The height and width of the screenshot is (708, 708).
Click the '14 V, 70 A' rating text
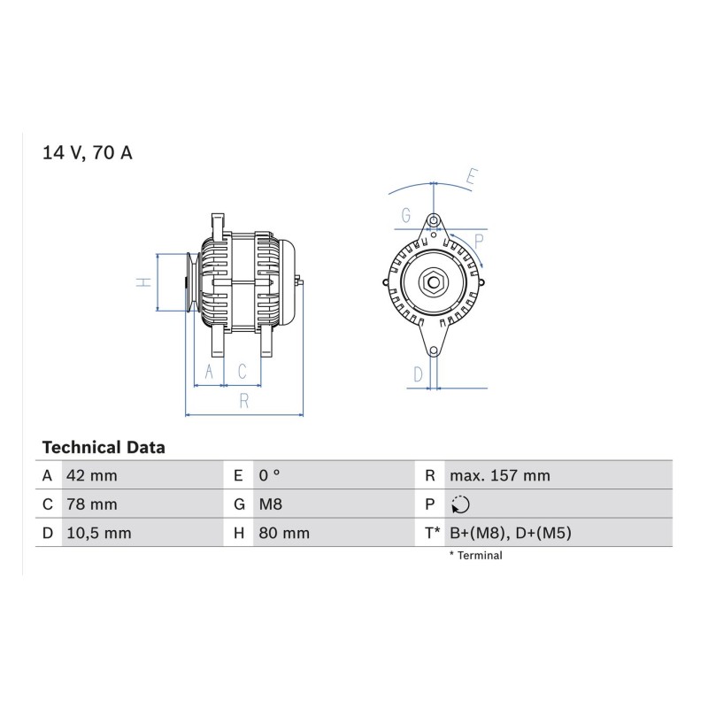coord(87,152)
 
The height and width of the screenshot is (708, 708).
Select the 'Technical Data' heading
coord(104,448)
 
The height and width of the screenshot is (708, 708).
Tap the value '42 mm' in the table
coord(92,475)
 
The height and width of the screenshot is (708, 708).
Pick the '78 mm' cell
coord(92,504)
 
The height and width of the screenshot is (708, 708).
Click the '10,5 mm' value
coord(99,534)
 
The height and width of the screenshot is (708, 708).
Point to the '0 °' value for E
coord(270,475)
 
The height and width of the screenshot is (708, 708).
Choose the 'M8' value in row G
coord(271,504)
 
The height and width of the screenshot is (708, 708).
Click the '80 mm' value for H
coord(284,534)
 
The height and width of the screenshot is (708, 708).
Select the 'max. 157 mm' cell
coord(500,475)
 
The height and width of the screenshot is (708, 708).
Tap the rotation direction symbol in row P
coord(460,504)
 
